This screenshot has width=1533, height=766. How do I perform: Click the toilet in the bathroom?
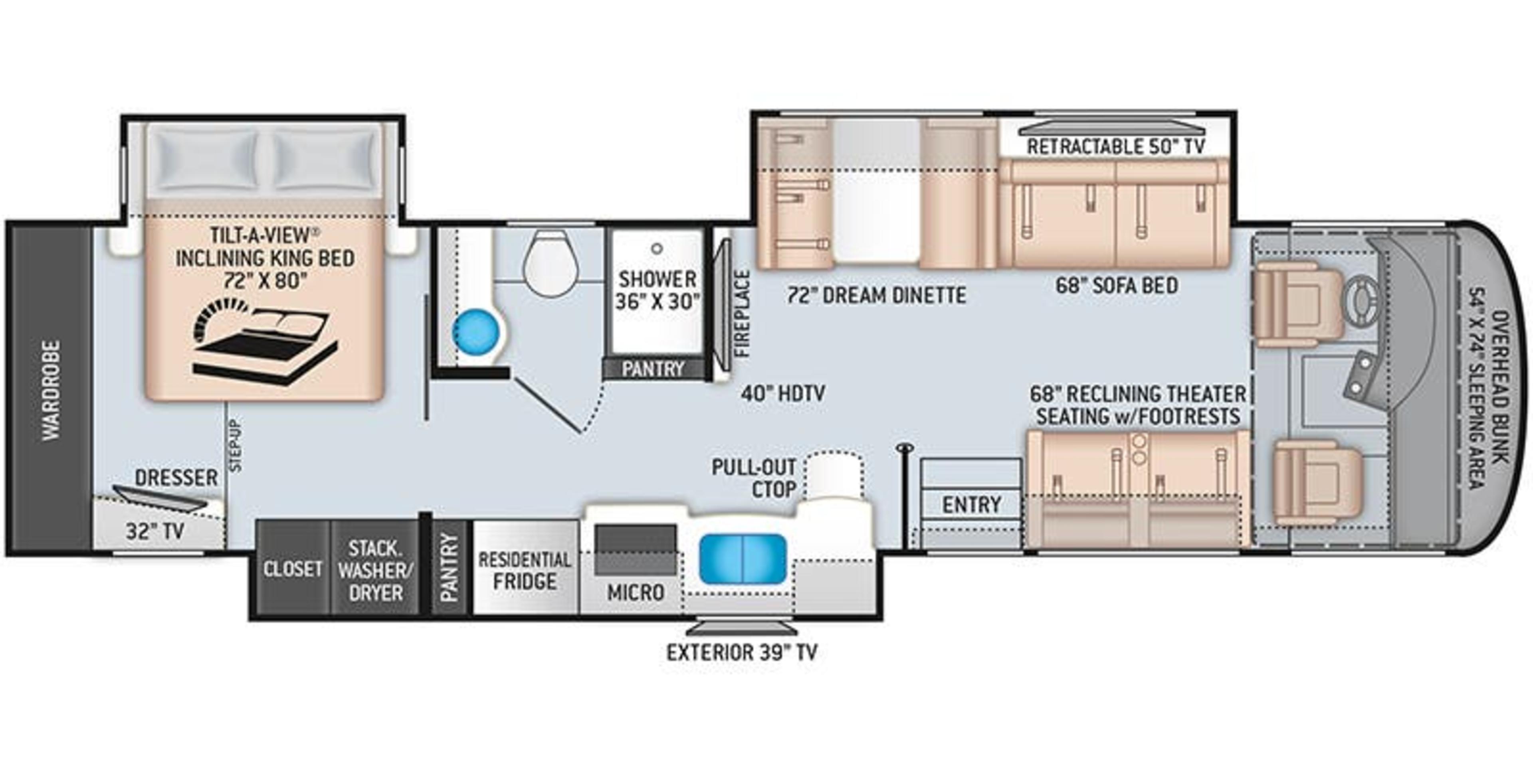click(551, 265)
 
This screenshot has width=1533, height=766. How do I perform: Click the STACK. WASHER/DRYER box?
click(375, 571)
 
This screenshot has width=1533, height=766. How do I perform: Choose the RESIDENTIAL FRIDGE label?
click(525, 571)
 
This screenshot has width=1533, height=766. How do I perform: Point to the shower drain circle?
click(656, 249)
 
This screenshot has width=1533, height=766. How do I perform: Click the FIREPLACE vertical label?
click(742, 314)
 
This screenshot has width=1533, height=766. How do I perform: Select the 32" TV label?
click(155, 531)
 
